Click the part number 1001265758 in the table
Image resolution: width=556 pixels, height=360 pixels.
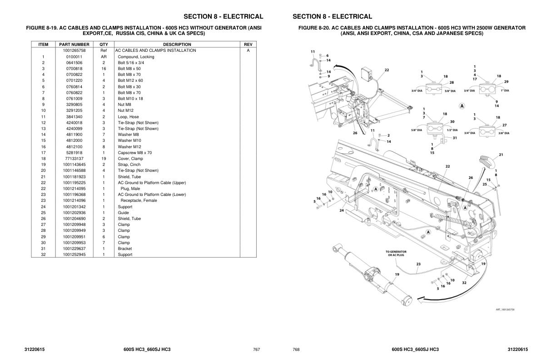pos(74,50)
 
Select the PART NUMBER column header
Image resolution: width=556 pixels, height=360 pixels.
pos(74,45)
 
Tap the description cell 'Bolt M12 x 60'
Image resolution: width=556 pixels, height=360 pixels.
pos(130,80)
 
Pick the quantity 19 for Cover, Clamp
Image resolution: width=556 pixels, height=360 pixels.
pos(104,159)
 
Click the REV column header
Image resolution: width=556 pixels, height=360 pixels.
pos(248,45)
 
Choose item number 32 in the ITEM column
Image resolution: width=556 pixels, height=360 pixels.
pos(43,255)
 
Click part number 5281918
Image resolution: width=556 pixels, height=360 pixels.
pos(74,153)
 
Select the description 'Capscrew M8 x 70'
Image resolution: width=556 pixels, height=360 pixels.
pos(135,153)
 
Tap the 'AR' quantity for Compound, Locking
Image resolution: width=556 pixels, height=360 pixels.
pos(104,57)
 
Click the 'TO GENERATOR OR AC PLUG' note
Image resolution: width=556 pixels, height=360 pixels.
pos(396,253)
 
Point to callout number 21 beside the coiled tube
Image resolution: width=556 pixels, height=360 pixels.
pos(501,155)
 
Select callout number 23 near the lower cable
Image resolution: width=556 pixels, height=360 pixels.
pos(418,264)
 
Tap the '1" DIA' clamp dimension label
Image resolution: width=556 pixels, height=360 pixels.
pos(505,90)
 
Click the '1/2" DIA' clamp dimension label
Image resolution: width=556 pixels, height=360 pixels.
pos(452,130)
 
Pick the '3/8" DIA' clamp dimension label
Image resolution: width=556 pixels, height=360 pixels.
pos(503,133)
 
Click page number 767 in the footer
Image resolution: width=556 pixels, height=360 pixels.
pos(256,350)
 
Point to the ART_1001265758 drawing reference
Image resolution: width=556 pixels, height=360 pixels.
pos(505,310)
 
